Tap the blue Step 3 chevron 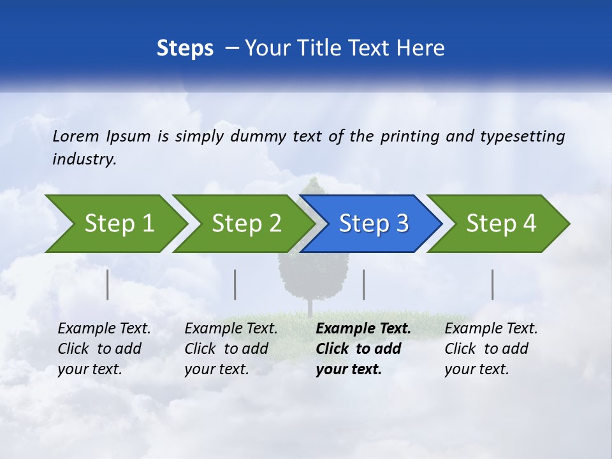pos(374,224)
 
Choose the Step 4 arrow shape pos(501,224)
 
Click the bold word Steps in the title pos(185,48)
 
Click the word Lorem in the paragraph pos(75,136)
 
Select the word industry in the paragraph pos(84,159)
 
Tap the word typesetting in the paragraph pos(522,136)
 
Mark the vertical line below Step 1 pos(108,284)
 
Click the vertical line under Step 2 pos(235,284)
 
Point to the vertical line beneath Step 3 pos(363,284)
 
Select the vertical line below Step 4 pos(492,284)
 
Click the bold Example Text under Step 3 pos(363,348)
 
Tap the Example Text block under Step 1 pos(104,348)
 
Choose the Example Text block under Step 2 pos(231,348)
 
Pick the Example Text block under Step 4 pos(491,348)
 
